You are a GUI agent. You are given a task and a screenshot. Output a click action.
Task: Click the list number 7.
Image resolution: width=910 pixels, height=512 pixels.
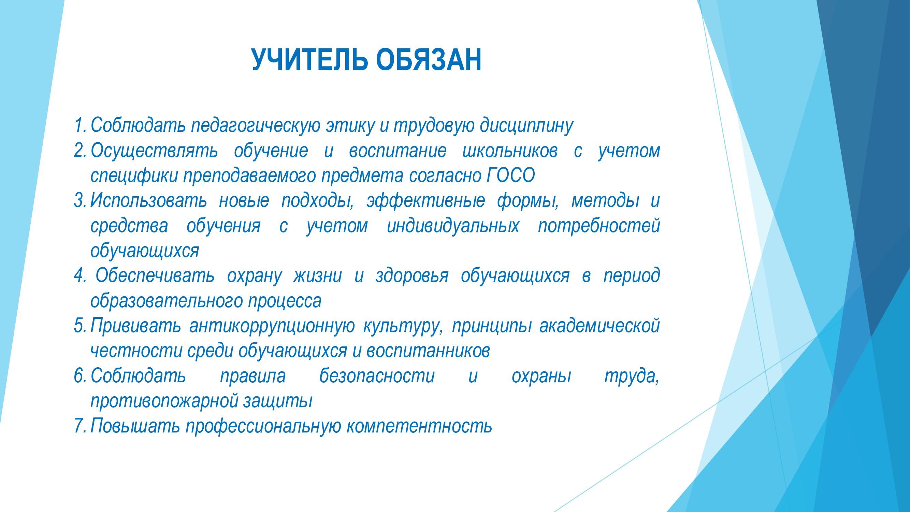coord(80,426)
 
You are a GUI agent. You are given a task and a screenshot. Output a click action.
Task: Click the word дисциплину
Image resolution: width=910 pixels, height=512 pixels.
coord(526,126)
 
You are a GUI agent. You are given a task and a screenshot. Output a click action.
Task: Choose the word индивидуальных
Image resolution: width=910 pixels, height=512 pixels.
coord(453,227)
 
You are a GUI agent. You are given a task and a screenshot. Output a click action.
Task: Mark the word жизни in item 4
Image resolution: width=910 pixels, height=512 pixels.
coord(317,276)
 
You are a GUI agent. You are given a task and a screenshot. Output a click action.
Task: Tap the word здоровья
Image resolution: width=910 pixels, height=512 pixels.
coord(412,277)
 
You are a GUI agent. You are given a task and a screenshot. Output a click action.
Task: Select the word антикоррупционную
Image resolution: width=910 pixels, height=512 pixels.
coord(272,327)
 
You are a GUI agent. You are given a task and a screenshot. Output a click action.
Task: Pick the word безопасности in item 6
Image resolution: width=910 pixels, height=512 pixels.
coord(377,376)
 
